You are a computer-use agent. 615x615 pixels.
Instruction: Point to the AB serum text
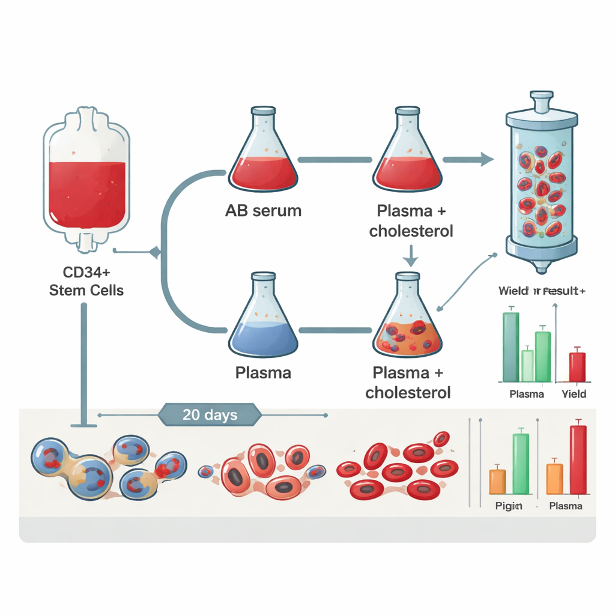click(x=263, y=211)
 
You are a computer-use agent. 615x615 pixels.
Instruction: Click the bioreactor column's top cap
click(x=541, y=101)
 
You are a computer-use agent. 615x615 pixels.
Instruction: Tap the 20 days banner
click(x=210, y=414)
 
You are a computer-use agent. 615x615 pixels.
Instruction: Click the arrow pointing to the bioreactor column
click(x=468, y=159)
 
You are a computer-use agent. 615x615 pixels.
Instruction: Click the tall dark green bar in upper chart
click(x=510, y=347)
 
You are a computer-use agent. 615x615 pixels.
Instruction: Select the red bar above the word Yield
click(x=577, y=366)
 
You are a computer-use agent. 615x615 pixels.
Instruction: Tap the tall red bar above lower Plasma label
click(x=578, y=459)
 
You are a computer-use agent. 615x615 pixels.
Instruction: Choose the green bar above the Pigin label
click(x=521, y=462)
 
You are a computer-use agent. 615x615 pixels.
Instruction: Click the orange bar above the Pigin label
click(x=497, y=480)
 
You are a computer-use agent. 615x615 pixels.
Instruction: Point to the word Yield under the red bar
click(x=574, y=395)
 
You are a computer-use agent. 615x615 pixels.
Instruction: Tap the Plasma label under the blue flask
click(x=263, y=373)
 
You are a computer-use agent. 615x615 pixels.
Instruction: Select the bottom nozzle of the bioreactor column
click(x=541, y=265)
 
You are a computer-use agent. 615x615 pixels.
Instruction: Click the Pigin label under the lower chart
click(x=509, y=506)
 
